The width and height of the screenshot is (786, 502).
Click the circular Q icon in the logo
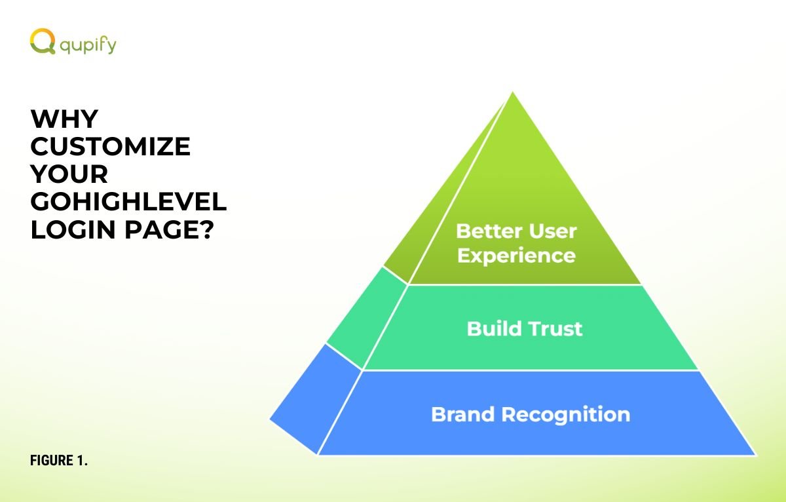tap(43, 41)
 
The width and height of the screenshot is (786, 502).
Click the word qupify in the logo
tap(88, 46)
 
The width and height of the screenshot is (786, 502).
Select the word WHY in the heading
tap(64, 119)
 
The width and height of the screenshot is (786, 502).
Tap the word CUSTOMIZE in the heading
tap(111, 146)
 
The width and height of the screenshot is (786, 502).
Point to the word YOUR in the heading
tap(69, 174)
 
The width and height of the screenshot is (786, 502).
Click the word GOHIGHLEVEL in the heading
tap(129, 201)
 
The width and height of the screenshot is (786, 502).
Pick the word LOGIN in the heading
tap(73, 229)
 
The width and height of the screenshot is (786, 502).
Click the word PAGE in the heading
tap(160, 229)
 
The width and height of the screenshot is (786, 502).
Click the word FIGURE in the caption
tap(52, 460)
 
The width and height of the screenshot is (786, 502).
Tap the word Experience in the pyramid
tap(517, 256)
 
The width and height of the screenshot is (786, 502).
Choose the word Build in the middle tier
tap(494, 329)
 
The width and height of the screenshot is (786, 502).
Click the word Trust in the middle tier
tap(555, 329)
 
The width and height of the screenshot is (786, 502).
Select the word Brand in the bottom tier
tap(463, 415)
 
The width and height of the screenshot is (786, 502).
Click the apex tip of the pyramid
tap(513, 92)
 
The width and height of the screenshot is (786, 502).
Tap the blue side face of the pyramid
tap(316, 400)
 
